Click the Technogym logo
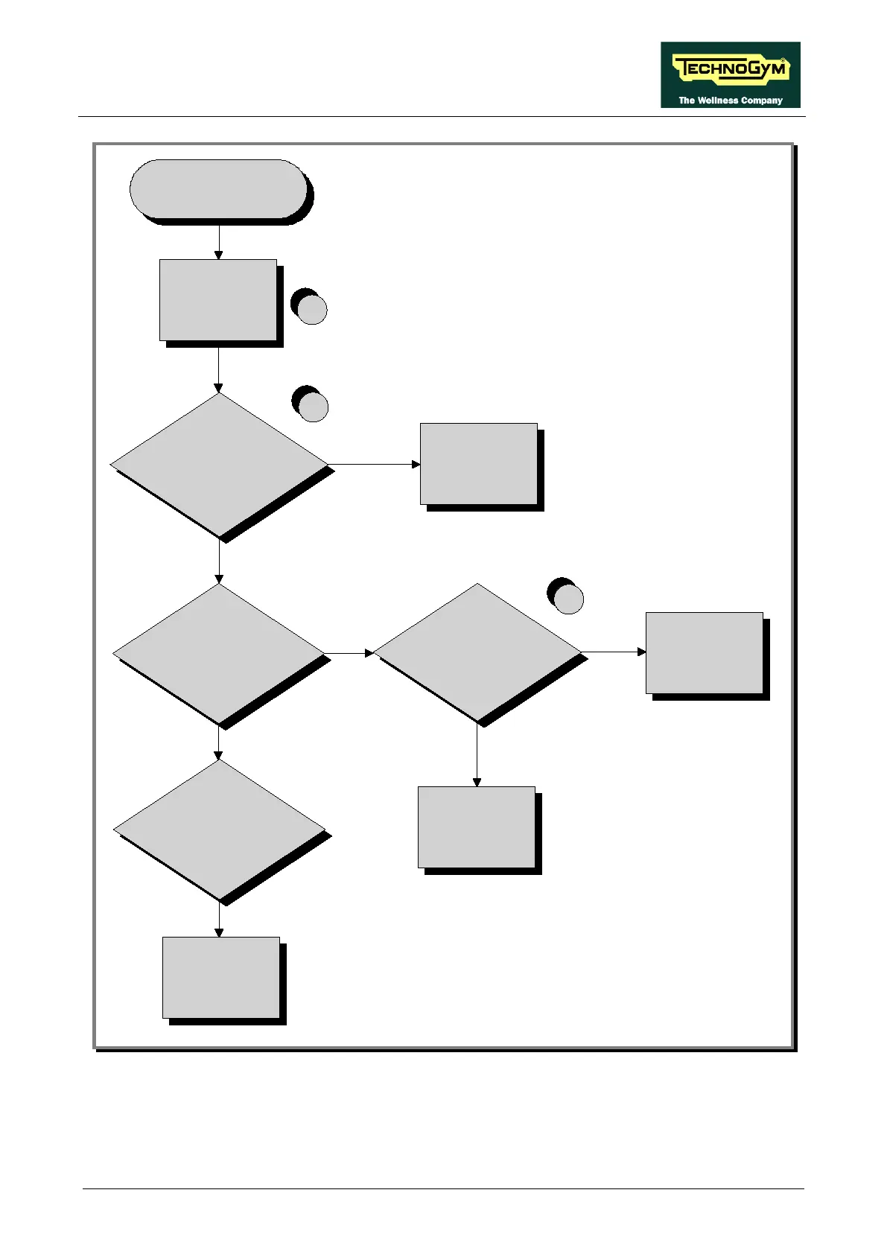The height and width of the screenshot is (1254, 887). coord(730,69)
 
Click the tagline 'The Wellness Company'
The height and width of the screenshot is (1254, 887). coord(730,101)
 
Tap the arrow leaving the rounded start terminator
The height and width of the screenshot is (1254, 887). coord(218,241)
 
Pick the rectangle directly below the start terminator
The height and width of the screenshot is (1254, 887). coord(218,300)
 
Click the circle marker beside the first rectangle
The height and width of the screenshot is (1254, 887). coord(311,308)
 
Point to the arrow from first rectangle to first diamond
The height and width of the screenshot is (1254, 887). coord(218,369)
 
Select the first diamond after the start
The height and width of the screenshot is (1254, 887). coord(219,465)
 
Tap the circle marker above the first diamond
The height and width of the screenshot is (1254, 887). coord(312,406)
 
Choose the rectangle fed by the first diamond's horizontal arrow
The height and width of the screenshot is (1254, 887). coord(479,464)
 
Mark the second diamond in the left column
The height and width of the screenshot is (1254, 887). coord(219,653)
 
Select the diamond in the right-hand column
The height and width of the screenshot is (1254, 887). coord(477,653)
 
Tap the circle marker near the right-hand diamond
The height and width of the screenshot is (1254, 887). coord(568,598)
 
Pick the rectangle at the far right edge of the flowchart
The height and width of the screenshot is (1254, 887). coord(705,653)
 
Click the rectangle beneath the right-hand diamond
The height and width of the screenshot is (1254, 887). coord(477,827)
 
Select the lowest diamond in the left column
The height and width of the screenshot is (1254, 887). coord(220,830)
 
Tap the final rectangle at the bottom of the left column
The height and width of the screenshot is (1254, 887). coord(221,978)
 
